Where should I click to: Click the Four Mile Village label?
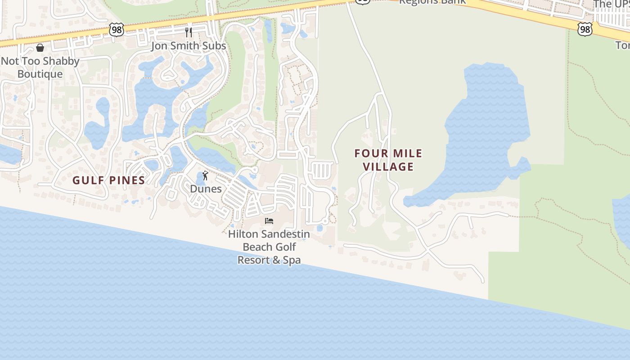coord(388,160)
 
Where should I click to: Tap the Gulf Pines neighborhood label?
coord(109,180)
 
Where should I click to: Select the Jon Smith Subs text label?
coord(189,46)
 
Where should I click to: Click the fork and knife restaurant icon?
coord(189,32)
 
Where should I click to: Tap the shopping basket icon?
coord(40,48)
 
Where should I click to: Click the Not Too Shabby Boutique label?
coord(40,67)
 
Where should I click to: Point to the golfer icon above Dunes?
coord(206,175)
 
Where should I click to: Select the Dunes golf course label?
coord(206,189)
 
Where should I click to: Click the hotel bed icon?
coord(269,221)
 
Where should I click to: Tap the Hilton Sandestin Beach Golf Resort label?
coord(269,247)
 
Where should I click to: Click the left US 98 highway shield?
coord(116,30)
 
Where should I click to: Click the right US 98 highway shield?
coord(585,30)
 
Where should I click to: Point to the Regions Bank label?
coord(432,2)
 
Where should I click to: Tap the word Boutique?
coord(40,74)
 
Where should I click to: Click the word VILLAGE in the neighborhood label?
coord(388,167)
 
